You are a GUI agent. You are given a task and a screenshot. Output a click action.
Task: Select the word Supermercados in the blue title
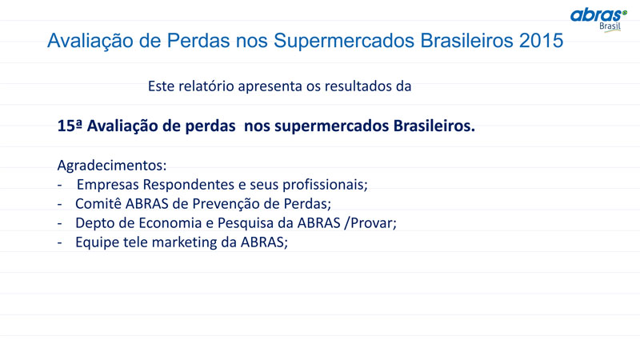point(344,42)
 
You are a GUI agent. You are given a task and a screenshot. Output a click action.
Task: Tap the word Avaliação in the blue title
point(90,42)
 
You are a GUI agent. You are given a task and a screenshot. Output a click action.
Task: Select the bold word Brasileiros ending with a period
point(434,126)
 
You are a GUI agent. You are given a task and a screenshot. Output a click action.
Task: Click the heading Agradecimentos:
point(112,166)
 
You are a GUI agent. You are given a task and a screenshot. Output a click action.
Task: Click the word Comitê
point(98,204)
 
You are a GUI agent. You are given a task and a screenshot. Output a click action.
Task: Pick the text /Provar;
point(370,223)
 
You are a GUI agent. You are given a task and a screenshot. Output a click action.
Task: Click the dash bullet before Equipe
point(59,243)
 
